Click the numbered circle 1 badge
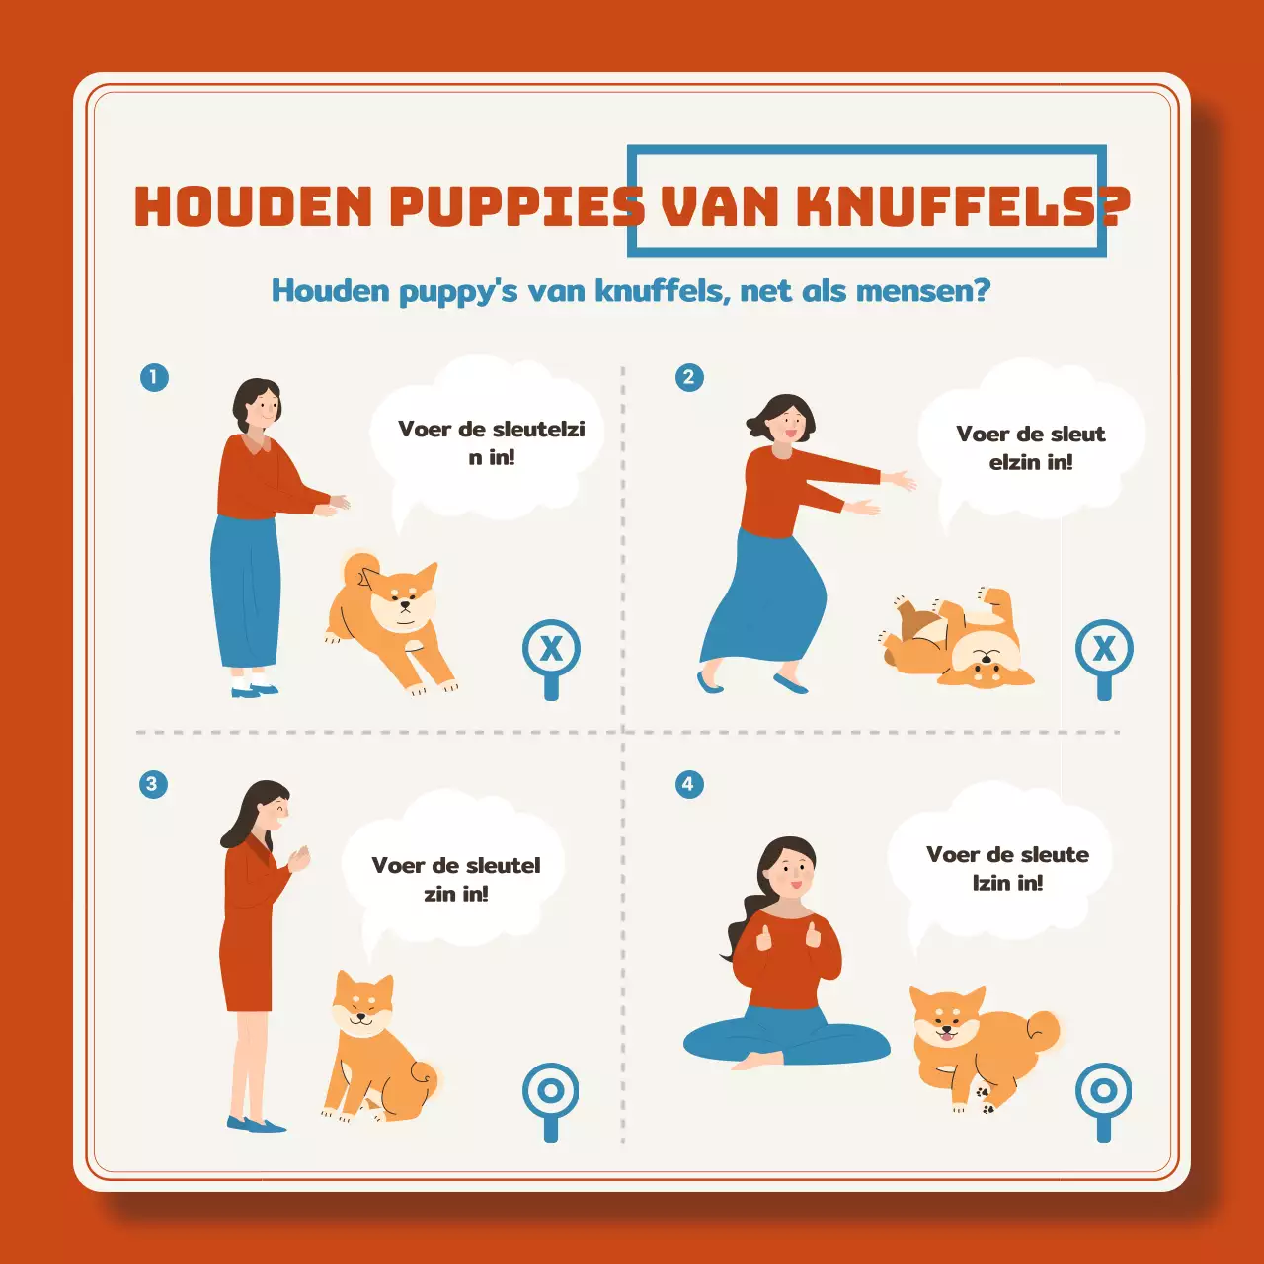pyautogui.click(x=154, y=377)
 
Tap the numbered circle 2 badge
pyautogui.click(x=689, y=377)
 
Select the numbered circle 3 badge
pyautogui.click(x=152, y=784)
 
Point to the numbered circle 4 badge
pyautogui.click(x=688, y=784)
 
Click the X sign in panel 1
pyautogui.click(x=551, y=649)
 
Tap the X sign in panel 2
pyautogui.click(x=1104, y=649)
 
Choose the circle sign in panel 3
pyautogui.click(x=551, y=1091)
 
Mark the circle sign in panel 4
pyautogui.click(x=1104, y=1091)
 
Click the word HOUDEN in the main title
pyautogui.click(x=254, y=206)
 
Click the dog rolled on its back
pyautogui.click(x=956, y=642)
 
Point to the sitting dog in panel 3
pyautogui.click(x=375, y=1052)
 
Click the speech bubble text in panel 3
pyautogui.click(x=455, y=879)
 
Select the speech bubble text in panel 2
pyautogui.click(x=1030, y=447)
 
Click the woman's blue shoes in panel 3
pyautogui.click(x=255, y=1124)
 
